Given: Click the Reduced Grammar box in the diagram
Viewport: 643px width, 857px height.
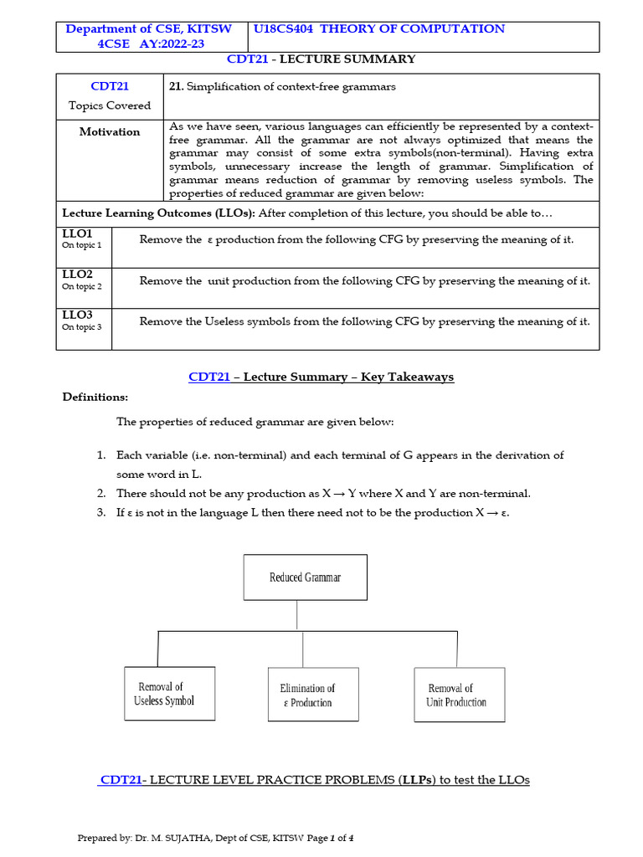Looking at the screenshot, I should point(305,577).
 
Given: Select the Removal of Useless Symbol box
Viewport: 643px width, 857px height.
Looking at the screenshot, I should point(170,694).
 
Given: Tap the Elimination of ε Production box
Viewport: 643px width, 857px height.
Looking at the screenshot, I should point(312,695).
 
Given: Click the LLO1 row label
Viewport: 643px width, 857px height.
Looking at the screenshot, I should point(77,233).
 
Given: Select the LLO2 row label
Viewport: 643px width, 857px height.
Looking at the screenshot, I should point(77,275).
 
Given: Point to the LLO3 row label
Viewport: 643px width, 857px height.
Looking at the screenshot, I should point(77,316).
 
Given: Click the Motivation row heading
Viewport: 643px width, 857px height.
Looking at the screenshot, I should point(110,132).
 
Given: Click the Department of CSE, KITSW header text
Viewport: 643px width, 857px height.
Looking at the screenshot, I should point(148,29).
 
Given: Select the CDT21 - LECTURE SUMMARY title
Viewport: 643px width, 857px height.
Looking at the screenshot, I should point(321,59).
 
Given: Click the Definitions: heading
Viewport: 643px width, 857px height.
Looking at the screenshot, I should point(95,397).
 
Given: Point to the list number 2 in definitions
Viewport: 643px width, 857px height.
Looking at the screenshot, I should point(100,493).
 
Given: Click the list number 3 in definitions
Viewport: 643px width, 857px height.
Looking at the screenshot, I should point(100,512).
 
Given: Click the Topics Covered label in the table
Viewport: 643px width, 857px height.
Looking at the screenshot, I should point(110,105).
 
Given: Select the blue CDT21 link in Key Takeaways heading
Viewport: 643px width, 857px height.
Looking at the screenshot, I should point(208,377).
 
